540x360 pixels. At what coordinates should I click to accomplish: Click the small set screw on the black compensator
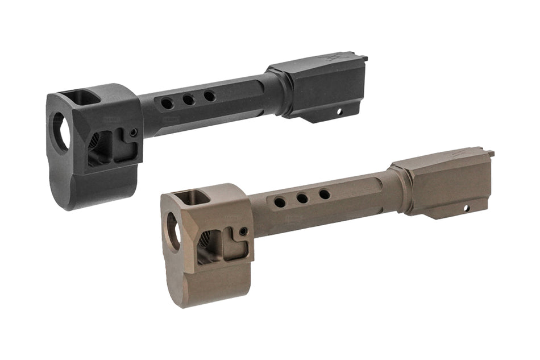[x=133, y=133]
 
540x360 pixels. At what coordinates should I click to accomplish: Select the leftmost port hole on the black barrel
[x=168, y=104]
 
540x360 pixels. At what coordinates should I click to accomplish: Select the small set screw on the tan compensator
[x=243, y=231]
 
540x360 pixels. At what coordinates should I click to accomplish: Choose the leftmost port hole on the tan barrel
[x=280, y=202]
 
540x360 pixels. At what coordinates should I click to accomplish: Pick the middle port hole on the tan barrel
[x=302, y=198]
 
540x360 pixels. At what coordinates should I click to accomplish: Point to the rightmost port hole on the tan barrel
[x=325, y=194]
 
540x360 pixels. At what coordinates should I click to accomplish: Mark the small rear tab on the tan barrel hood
[x=490, y=152]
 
